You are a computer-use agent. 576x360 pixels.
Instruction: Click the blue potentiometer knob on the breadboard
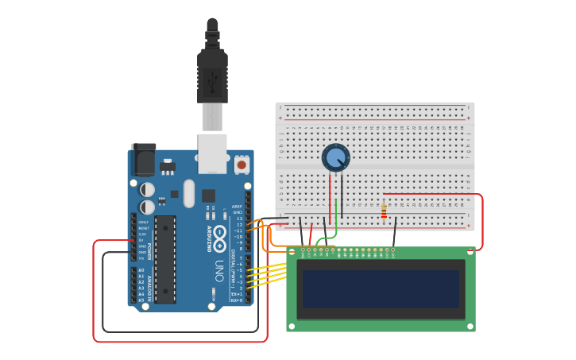[335, 157]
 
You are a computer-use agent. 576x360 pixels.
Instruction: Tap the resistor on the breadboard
[385, 211]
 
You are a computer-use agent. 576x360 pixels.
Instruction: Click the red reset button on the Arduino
[242, 165]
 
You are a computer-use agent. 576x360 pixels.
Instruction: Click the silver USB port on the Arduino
[212, 153]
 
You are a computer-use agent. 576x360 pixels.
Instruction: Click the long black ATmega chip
[164, 259]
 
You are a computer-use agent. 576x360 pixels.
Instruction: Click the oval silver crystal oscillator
[188, 193]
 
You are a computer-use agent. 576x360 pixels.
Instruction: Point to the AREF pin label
[237, 207]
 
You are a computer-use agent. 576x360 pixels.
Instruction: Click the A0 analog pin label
[141, 270]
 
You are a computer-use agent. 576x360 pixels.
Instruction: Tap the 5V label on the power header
[142, 240]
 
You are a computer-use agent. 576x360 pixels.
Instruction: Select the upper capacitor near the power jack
[148, 190]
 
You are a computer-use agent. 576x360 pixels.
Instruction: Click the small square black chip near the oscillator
[208, 195]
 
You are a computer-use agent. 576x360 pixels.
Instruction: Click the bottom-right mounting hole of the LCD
[471, 326]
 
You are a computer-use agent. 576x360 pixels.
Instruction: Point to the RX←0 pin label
[237, 300]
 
